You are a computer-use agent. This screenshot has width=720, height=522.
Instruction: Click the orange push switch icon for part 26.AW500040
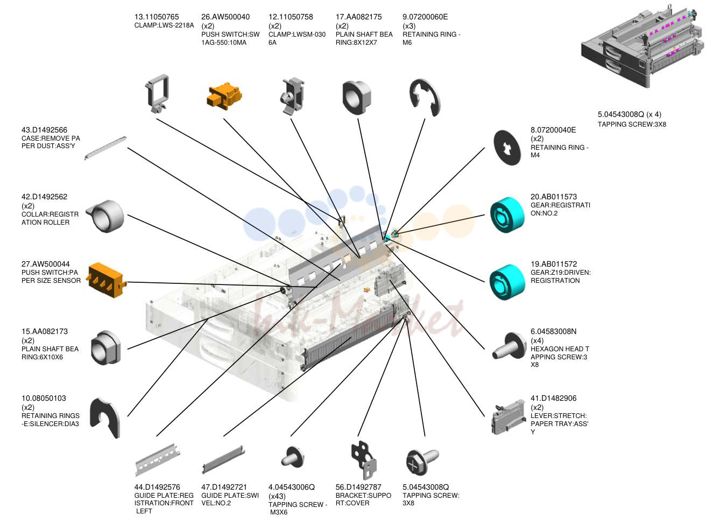tap(224, 95)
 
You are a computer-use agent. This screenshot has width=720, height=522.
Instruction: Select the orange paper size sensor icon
tap(108, 280)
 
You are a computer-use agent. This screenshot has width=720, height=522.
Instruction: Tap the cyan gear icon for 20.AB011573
tap(507, 215)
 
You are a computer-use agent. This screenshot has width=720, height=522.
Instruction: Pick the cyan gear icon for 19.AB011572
tap(507, 282)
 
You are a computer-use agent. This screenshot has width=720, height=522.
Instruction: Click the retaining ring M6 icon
tap(425, 97)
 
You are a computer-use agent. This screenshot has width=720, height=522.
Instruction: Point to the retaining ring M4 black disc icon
tap(507, 148)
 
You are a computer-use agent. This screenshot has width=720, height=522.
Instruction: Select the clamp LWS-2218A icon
tap(158, 93)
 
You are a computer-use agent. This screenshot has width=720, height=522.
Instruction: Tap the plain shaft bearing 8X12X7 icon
tap(357, 98)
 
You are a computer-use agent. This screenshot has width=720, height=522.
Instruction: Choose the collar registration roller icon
tap(106, 216)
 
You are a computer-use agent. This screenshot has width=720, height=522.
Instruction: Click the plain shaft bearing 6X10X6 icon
tap(105, 347)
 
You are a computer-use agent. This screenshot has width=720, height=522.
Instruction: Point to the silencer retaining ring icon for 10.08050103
tap(105, 417)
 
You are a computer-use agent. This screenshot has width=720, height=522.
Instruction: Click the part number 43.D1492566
tap(44, 130)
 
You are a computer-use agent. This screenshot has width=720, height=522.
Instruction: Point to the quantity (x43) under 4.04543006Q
tap(277, 496)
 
